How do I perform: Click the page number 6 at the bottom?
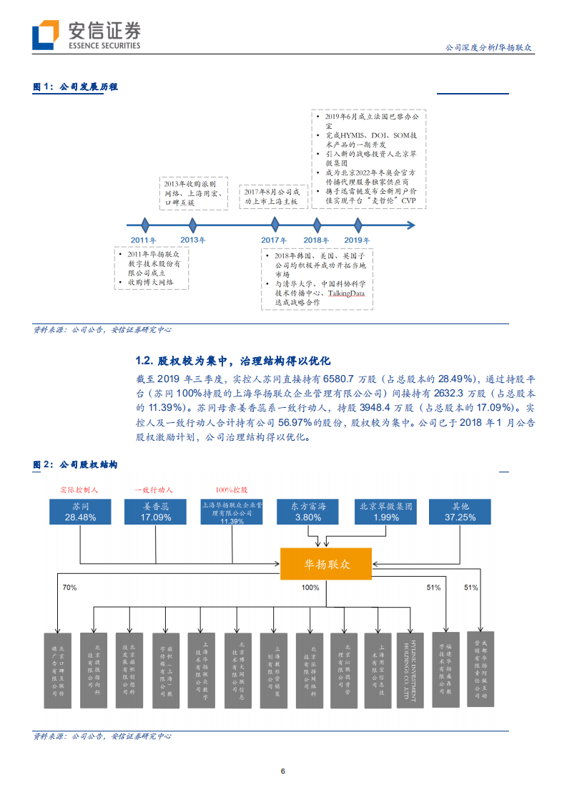283,771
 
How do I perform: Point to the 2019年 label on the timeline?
357,240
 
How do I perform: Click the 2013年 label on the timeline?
192,240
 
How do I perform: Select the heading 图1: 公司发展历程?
76,87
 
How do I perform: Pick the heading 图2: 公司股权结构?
76,464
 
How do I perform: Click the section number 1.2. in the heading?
144,361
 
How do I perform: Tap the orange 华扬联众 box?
325,565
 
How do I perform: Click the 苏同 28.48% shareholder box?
80,511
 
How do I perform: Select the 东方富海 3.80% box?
308,511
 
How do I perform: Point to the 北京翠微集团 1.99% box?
385,511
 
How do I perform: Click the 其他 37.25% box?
460,511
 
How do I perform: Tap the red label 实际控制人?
79,490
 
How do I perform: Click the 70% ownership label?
69,588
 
